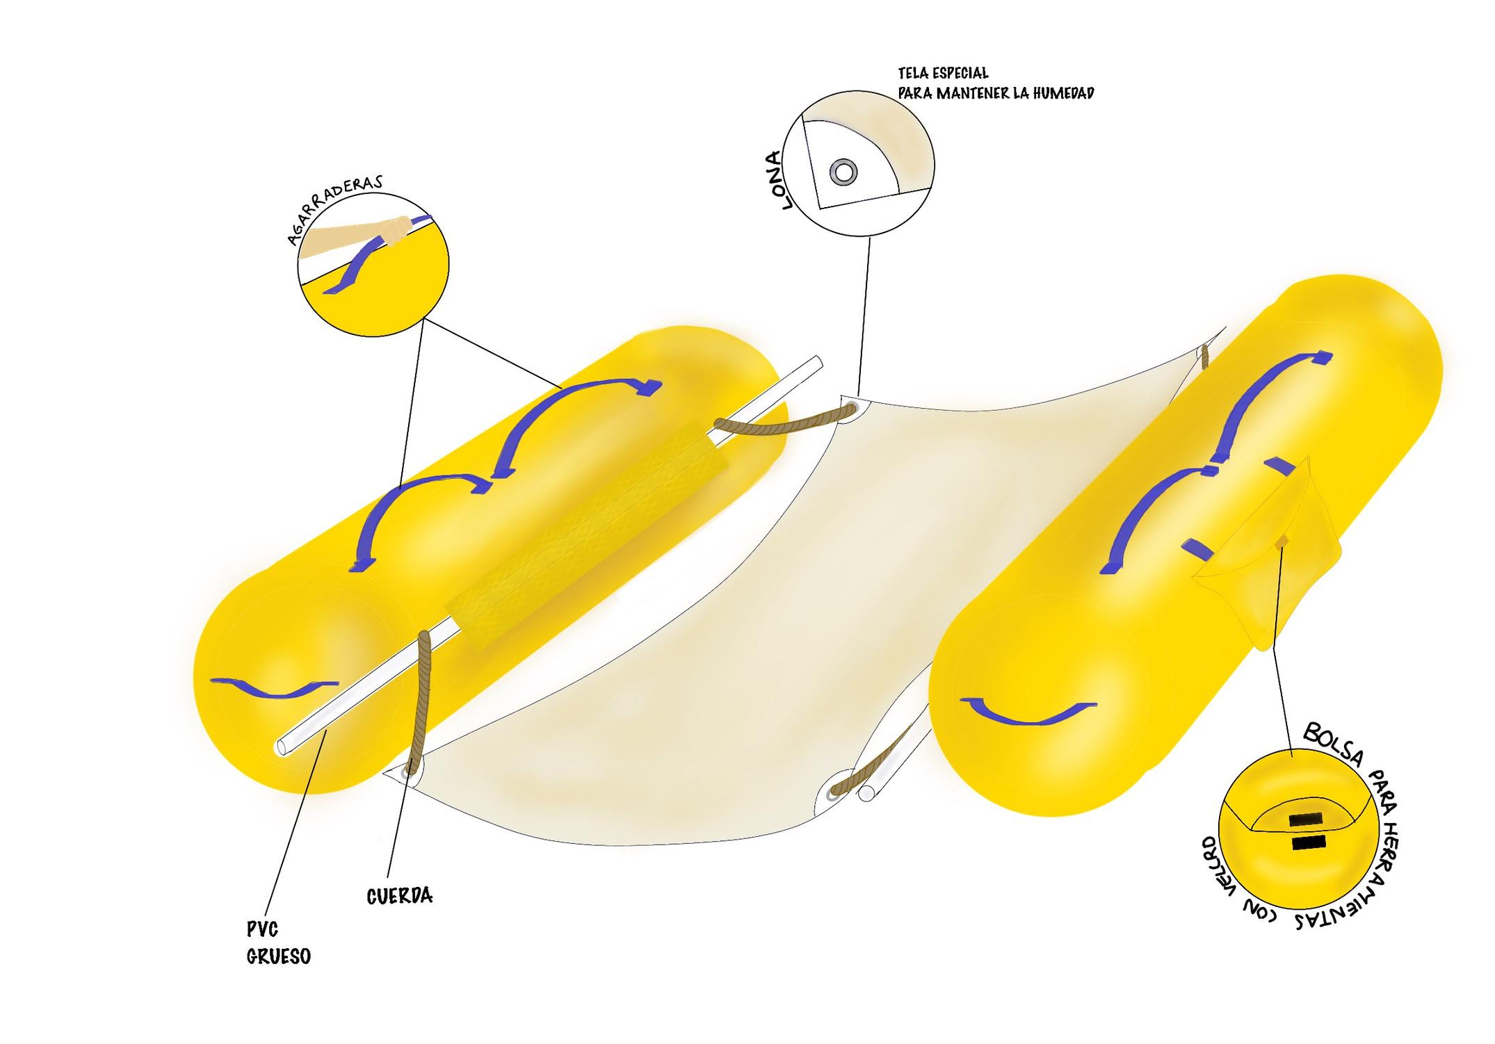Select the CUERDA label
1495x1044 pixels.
coord(399,896)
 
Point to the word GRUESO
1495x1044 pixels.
coord(279,957)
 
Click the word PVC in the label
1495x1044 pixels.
coord(263,929)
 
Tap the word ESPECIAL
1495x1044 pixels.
coord(960,73)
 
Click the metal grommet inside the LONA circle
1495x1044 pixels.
coord(843,171)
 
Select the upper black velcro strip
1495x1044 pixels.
coord(1305,819)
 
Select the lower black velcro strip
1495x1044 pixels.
coord(1308,844)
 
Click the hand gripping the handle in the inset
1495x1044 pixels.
coord(394,231)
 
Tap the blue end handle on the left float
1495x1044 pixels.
coord(279,687)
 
